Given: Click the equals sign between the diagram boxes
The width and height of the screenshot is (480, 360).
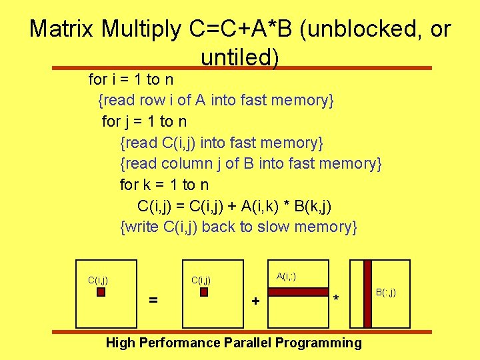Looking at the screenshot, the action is tap(153, 301).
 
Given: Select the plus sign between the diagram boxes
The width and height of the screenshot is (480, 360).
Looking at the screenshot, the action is tap(255, 301).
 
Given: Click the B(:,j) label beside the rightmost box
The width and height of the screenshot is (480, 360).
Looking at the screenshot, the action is tap(385, 292).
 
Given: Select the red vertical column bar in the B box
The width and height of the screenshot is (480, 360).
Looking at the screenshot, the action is tap(367, 293).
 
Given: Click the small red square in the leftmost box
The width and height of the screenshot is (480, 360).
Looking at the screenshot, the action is tap(101, 291).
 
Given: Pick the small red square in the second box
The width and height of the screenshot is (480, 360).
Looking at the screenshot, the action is tap(204, 291).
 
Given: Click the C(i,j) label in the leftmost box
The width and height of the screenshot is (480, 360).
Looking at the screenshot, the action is tap(98, 280).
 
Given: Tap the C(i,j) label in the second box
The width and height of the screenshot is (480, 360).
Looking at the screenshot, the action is tap(201, 280).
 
